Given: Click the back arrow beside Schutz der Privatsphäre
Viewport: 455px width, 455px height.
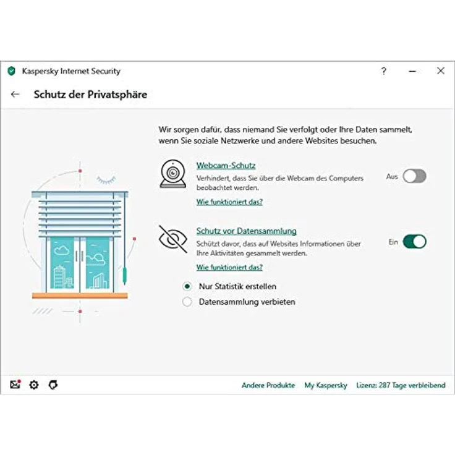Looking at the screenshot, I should click(x=15, y=95).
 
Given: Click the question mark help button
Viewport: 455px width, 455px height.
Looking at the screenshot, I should click(x=384, y=71).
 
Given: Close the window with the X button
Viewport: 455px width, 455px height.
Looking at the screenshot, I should click(x=440, y=71).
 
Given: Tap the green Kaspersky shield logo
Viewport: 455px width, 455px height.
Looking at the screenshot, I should click(x=11, y=71).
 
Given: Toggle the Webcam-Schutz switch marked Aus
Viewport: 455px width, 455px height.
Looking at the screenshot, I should click(x=414, y=176).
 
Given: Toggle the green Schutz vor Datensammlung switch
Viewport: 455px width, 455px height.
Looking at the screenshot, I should click(x=414, y=242).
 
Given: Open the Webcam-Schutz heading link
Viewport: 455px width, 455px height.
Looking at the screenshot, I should click(x=226, y=166).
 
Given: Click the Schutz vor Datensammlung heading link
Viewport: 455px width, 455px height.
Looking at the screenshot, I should click(x=246, y=231).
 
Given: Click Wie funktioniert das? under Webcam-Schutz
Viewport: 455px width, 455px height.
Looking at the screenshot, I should click(x=229, y=202).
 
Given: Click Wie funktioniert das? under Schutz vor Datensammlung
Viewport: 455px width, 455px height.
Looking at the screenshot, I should click(x=229, y=267).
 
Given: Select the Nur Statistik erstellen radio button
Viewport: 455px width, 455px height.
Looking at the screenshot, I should click(x=187, y=286).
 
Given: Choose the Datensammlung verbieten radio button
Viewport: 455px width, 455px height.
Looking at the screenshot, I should click(x=187, y=302).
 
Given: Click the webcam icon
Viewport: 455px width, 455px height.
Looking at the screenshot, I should click(x=173, y=174).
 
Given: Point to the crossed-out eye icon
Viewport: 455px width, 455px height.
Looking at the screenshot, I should click(x=173, y=239).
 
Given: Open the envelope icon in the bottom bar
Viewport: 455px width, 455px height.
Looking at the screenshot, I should click(x=15, y=385).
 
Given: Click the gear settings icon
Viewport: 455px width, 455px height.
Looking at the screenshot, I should click(x=34, y=385).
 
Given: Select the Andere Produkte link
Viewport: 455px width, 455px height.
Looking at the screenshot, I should click(x=268, y=385).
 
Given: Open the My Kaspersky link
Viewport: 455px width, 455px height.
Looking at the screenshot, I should click(x=326, y=385).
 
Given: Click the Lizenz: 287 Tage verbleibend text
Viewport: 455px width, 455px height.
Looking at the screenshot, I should click(x=401, y=385).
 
